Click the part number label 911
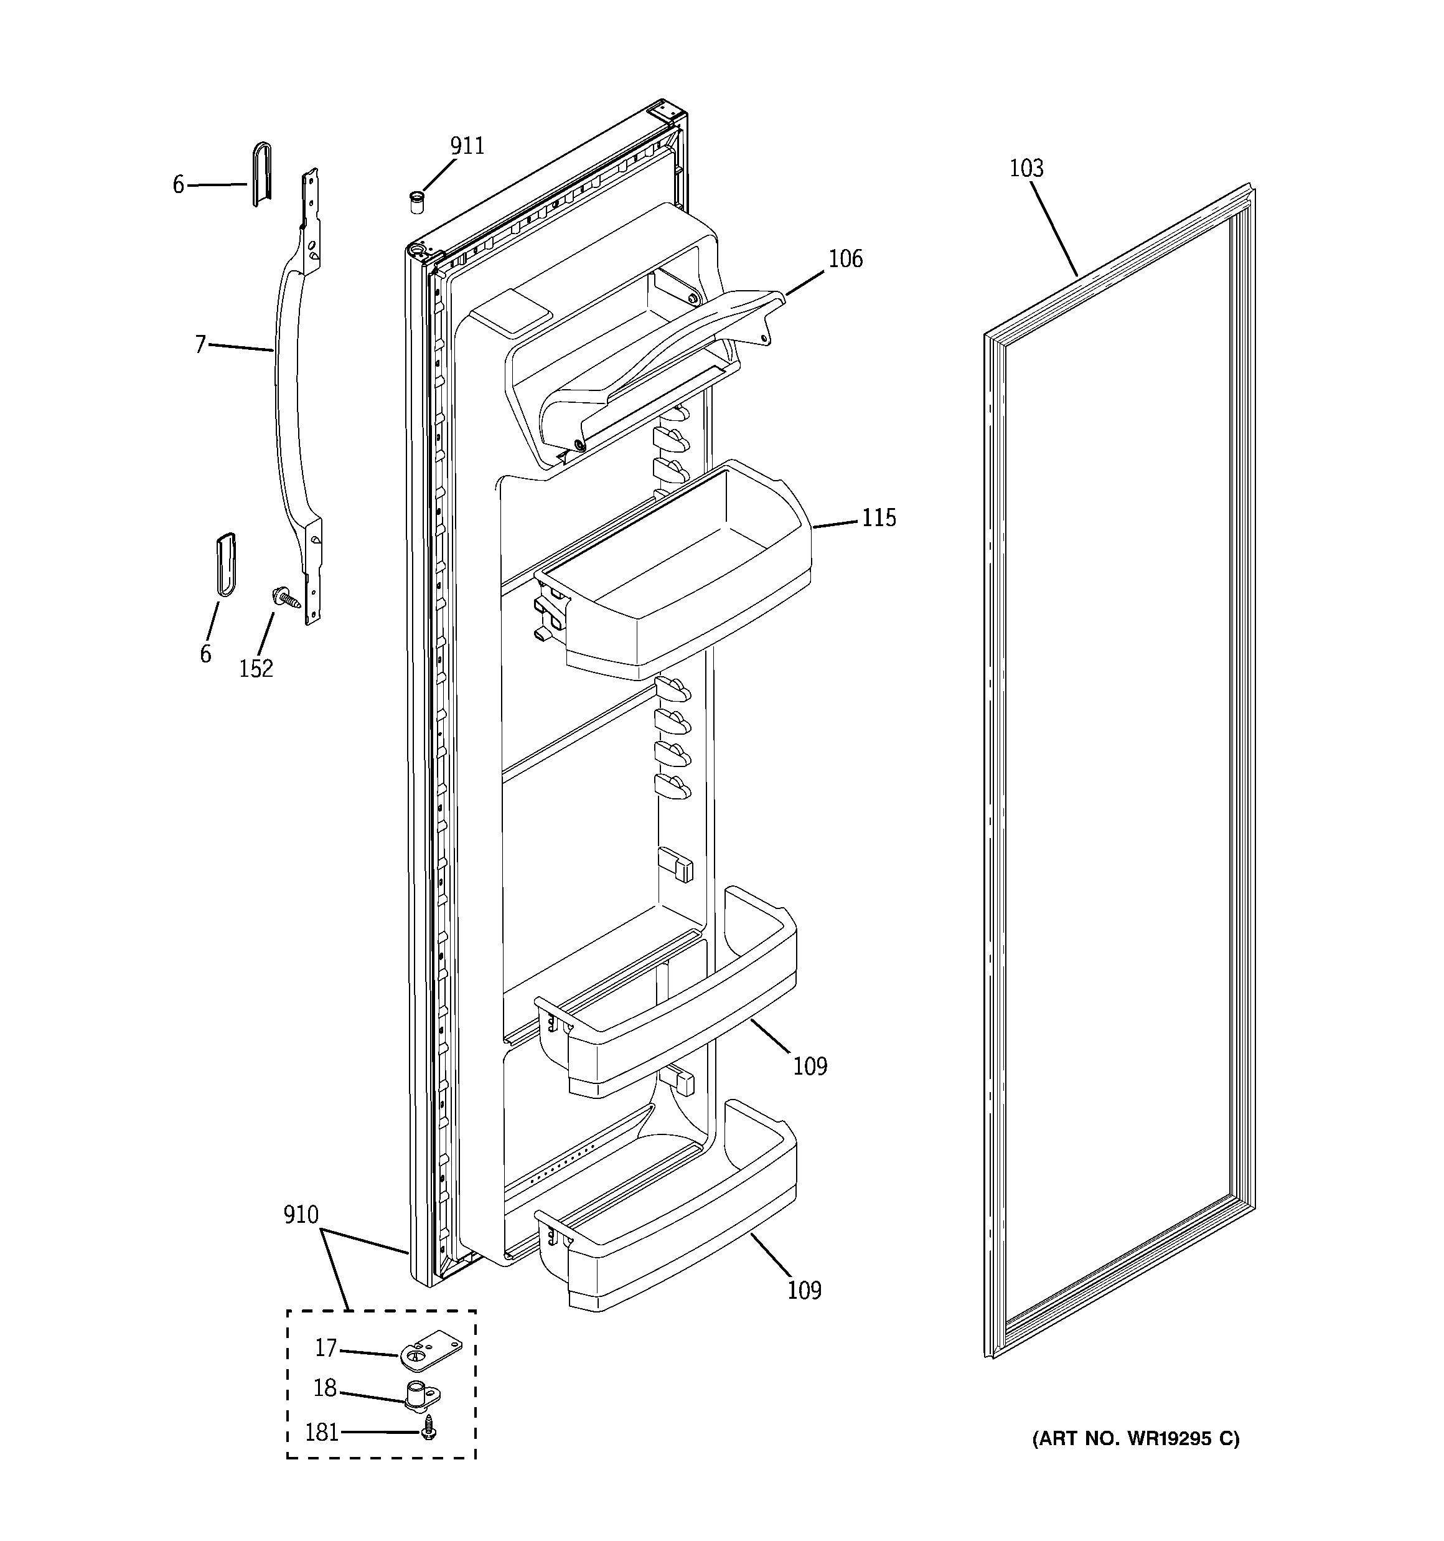tap(467, 146)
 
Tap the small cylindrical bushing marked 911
tap(417, 202)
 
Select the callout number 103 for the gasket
tap(1026, 168)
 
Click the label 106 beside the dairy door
tap(845, 259)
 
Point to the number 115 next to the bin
tap(879, 518)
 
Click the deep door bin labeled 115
tap(682, 589)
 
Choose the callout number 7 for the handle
tap(201, 344)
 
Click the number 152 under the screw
tap(256, 668)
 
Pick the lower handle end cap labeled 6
tap(225, 563)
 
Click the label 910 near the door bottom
tap(301, 1215)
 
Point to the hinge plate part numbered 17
tap(431, 1354)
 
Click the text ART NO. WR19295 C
tap(1135, 1439)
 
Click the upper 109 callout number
tap(810, 1067)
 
